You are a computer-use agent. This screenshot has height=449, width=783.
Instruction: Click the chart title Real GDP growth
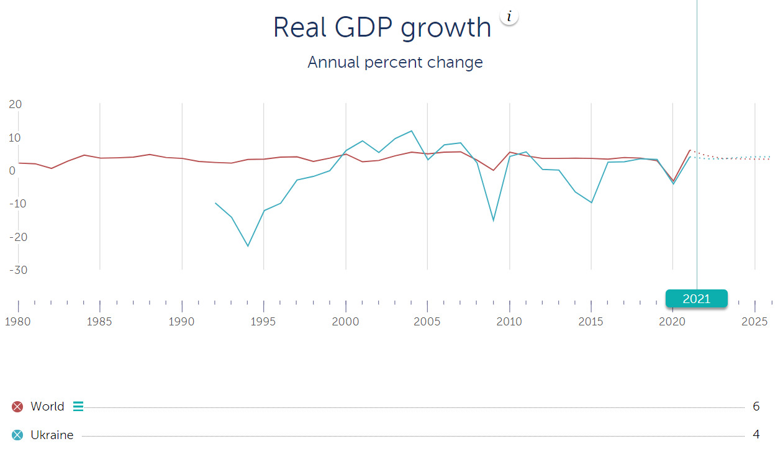pyautogui.click(x=382, y=28)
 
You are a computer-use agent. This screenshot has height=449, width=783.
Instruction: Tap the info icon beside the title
pyautogui.click(x=509, y=17)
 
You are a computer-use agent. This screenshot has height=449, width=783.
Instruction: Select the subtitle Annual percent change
pyautogui.click(x=395, y=63)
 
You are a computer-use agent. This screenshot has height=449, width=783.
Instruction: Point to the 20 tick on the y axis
pyautogui.click(x=16, y=104)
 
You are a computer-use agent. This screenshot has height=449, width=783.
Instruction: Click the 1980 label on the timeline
pyautogui.click(x=18, y=322)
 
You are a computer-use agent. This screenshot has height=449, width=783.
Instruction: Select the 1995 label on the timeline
pyautogui.click(x=264, y=322)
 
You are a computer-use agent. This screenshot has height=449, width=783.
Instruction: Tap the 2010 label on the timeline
pyautogui.click(x=509, y=322)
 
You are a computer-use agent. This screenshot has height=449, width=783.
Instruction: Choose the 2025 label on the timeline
pyautogui.click(x=755, y=322)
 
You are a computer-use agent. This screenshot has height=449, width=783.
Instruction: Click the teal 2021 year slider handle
pyautogui.click(x=696, y=299)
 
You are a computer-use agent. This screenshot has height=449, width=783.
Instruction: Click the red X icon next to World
pyautogui.click(x=17, y=407)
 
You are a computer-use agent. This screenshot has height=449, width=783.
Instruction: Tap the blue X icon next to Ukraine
pyautogui.click(x=17, y=435)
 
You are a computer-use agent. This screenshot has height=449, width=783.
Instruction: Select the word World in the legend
pyautogui.click(x=47, y=407)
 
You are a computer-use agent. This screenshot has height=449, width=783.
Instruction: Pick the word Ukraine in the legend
pyautogui.click(x=52, y=435)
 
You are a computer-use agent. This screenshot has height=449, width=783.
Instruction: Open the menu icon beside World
pyautogui.click(x=78, y=407)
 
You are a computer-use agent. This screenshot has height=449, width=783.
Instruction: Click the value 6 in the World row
pyautogui.click(x=756, y=407)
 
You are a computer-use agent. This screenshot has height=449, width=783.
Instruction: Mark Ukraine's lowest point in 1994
pyautogui.click(x=248, y=246)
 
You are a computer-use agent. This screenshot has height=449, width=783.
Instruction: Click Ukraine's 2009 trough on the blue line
pyautogui.click(x=494, y=220)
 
